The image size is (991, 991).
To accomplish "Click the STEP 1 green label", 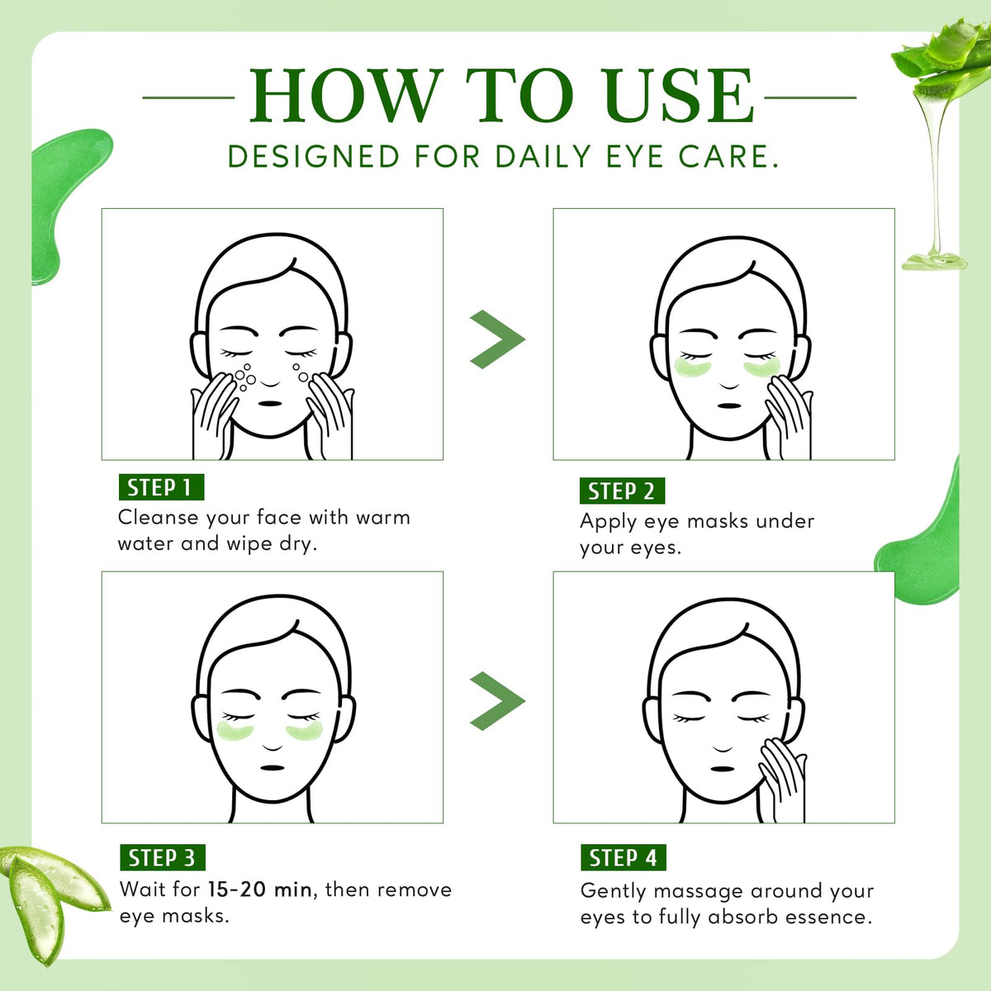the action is (162, 487).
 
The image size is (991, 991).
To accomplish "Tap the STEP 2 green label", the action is (623, 491).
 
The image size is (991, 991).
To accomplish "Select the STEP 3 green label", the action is (163, 857).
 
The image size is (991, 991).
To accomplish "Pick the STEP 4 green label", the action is (624, 857).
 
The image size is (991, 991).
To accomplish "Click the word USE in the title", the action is (678, 96).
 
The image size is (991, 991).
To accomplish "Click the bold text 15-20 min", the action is (259, 889).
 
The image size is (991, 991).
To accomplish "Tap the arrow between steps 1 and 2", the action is (497, 339).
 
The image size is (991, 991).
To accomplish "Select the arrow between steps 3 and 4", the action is (497, 701).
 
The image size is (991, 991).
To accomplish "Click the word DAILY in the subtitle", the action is (543, 156).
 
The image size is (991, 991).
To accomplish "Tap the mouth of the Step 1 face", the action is (270, 404).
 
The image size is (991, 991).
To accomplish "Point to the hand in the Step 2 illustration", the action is (788, 416).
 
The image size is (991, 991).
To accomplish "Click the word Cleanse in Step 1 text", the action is (158, 517).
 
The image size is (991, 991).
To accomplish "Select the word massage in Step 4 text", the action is (697, 891).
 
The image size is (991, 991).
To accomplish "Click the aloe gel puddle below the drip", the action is (934, 262).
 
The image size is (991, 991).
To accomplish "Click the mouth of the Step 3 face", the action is (273, 768).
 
